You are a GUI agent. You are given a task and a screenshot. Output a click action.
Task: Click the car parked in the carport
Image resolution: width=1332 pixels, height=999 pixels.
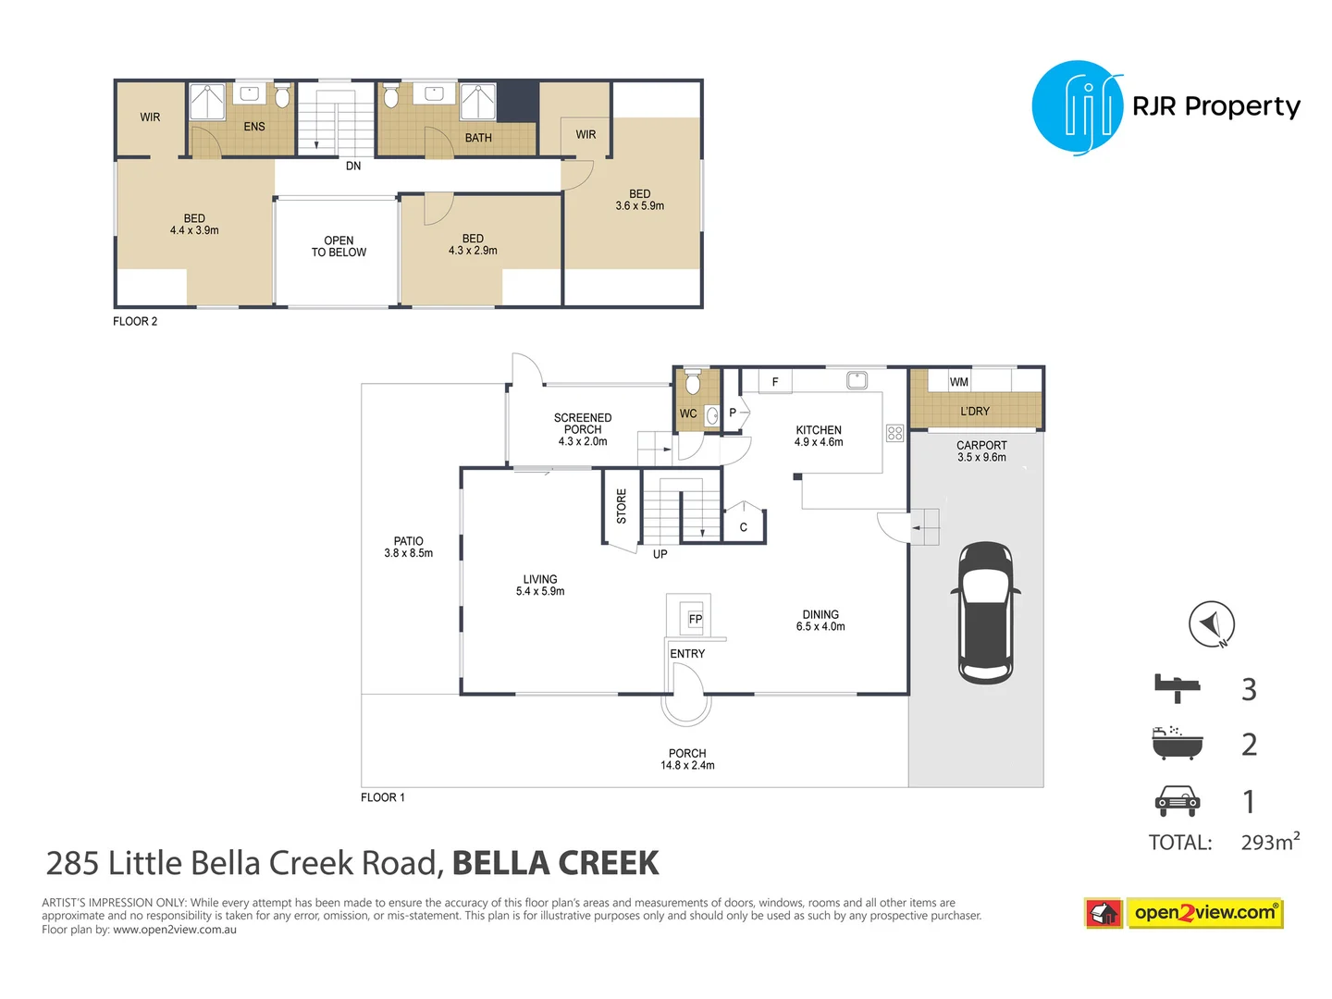click(x=985, y=612)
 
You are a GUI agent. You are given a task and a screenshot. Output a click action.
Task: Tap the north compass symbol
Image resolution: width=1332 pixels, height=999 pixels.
click(x=1212, y=624)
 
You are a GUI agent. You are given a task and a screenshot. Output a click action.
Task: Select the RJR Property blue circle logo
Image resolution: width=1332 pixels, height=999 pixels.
click(x=1077, y=107)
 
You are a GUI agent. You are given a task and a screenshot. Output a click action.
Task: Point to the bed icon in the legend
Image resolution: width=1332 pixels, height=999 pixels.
click(x=1177, y=688)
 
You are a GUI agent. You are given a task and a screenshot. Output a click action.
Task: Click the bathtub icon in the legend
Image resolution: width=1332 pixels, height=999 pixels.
click(x=1177, y=744)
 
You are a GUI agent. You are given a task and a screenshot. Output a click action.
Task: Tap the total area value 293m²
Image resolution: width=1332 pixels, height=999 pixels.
click(x=1269, y=842)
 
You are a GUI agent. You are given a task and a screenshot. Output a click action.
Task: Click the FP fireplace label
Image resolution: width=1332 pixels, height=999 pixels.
click(x=696, y=619)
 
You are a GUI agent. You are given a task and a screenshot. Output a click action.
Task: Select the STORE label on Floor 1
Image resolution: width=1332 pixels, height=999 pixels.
click(x=622, y=507)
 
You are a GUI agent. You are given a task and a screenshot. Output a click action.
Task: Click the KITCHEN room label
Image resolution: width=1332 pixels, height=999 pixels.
click(x=819, y=430)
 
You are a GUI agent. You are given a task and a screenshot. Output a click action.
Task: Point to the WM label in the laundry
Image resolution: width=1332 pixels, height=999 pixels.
click(x=959, y=382)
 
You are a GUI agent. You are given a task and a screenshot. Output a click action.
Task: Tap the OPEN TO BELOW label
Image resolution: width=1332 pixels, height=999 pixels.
click(x=339, y=246)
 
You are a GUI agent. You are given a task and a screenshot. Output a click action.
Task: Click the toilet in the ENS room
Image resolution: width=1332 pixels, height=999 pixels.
click(x=282, y=96)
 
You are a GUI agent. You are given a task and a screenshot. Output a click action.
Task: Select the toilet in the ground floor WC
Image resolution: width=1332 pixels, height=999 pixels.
click(x=693, y=382)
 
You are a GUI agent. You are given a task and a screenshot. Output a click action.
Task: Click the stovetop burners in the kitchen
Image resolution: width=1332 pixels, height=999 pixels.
click(x=894, y=433)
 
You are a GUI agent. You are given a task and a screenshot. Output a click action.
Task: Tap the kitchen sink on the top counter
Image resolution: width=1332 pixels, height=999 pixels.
click(x=857, y=379)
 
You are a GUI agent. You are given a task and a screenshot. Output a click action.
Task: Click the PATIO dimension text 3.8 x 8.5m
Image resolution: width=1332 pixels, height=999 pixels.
click(x=408, y=553)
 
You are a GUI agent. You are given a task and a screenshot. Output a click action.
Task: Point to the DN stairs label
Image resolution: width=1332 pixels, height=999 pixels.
click(x=353, y=166)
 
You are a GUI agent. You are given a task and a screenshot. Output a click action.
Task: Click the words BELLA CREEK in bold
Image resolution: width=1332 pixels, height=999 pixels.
click(x=555, y=863)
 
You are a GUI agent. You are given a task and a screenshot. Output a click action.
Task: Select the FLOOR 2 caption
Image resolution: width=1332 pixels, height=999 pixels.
click(x=135, y=321)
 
